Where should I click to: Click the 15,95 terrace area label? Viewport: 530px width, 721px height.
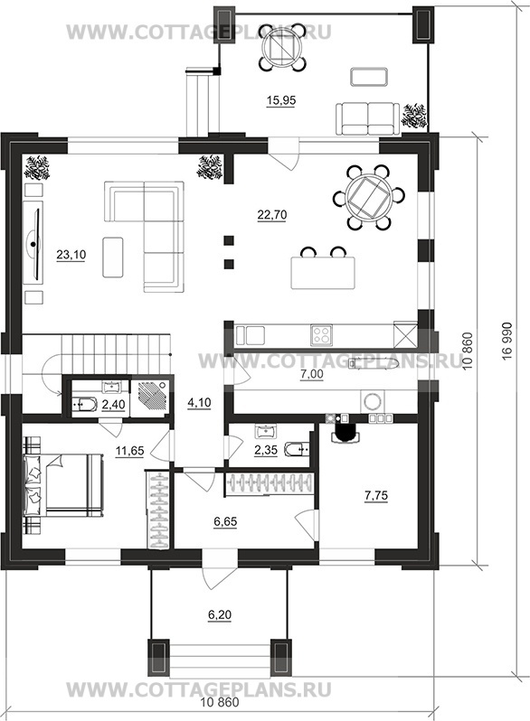(x=281, y=99)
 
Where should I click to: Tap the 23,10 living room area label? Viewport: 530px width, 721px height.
(x=71, y=254)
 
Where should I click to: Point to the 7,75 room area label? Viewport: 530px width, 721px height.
(x=376, y=496)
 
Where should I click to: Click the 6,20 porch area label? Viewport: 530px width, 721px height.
(x=220, y=614)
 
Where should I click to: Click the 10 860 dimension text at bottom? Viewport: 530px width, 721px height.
(x=221, y=703)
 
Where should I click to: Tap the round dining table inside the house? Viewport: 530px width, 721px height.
(x=369, y=198)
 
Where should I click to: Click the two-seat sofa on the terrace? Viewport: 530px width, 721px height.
(x=367, y=119)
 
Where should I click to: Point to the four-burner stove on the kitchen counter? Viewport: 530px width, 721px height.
(x=321, y=335)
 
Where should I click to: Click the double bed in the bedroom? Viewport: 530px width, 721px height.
(x=62, y=486)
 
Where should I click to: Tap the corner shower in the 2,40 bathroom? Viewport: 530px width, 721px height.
(x=152, y=398)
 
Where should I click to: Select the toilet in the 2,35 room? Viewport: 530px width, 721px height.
(x=298, y=449)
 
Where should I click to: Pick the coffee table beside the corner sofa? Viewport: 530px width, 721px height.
(x=113, y=257)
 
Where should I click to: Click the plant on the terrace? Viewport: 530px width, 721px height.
(x=416, y=115)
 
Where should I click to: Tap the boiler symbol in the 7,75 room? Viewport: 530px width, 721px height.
(x=345, y=433)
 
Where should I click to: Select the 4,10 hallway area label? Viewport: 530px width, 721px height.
(x=199, y=403)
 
